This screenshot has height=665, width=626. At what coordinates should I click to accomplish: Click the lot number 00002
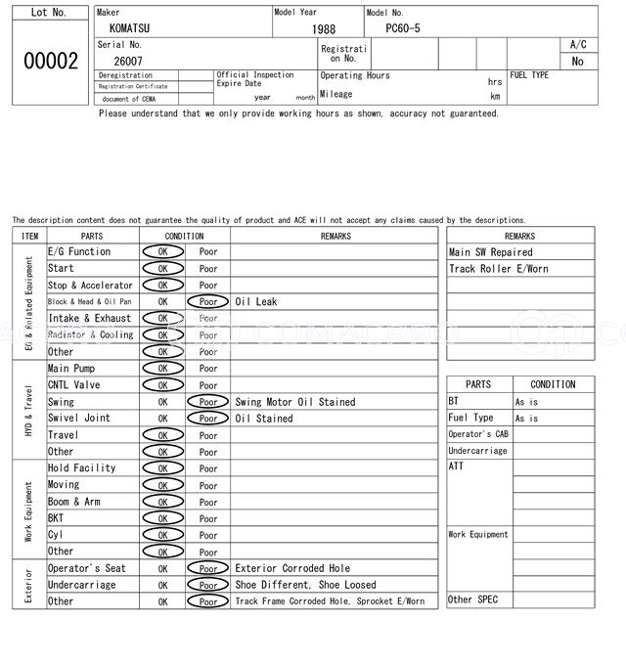tap(50, 61)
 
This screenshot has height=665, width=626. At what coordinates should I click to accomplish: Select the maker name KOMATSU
tap(130, 29)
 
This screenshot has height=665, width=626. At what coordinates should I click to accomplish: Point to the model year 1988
tap(324, 29)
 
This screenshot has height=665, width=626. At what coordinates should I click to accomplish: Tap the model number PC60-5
tap(397, 29)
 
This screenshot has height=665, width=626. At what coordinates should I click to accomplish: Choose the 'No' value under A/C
tap(577, 61)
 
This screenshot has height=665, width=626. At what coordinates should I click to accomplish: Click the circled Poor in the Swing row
tap(208, 402)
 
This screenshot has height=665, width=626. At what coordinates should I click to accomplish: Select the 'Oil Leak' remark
tap(256, 302)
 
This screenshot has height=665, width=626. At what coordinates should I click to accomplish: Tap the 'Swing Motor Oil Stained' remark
tap(295, 402)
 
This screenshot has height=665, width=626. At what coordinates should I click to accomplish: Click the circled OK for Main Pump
tap(162, 369)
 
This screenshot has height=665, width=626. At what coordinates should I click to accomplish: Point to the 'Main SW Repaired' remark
tap(491, 252)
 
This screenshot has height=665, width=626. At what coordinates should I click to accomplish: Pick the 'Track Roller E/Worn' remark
tap(498, 269)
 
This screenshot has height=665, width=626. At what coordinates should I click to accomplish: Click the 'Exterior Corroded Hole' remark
tap(292, 568)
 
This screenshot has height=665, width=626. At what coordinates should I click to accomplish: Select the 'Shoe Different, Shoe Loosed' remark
tap(306, 585)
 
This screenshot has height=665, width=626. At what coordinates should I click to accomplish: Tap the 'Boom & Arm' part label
tap(74, 502)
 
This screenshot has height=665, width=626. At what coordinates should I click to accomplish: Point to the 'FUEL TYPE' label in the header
tap(529, 75)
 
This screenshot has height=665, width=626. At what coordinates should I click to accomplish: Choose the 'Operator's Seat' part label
tap(87, 568)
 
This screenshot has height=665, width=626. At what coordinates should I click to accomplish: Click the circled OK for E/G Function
tap(162, 252)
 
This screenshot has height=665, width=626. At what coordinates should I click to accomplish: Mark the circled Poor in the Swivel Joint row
tap(208, 419)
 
